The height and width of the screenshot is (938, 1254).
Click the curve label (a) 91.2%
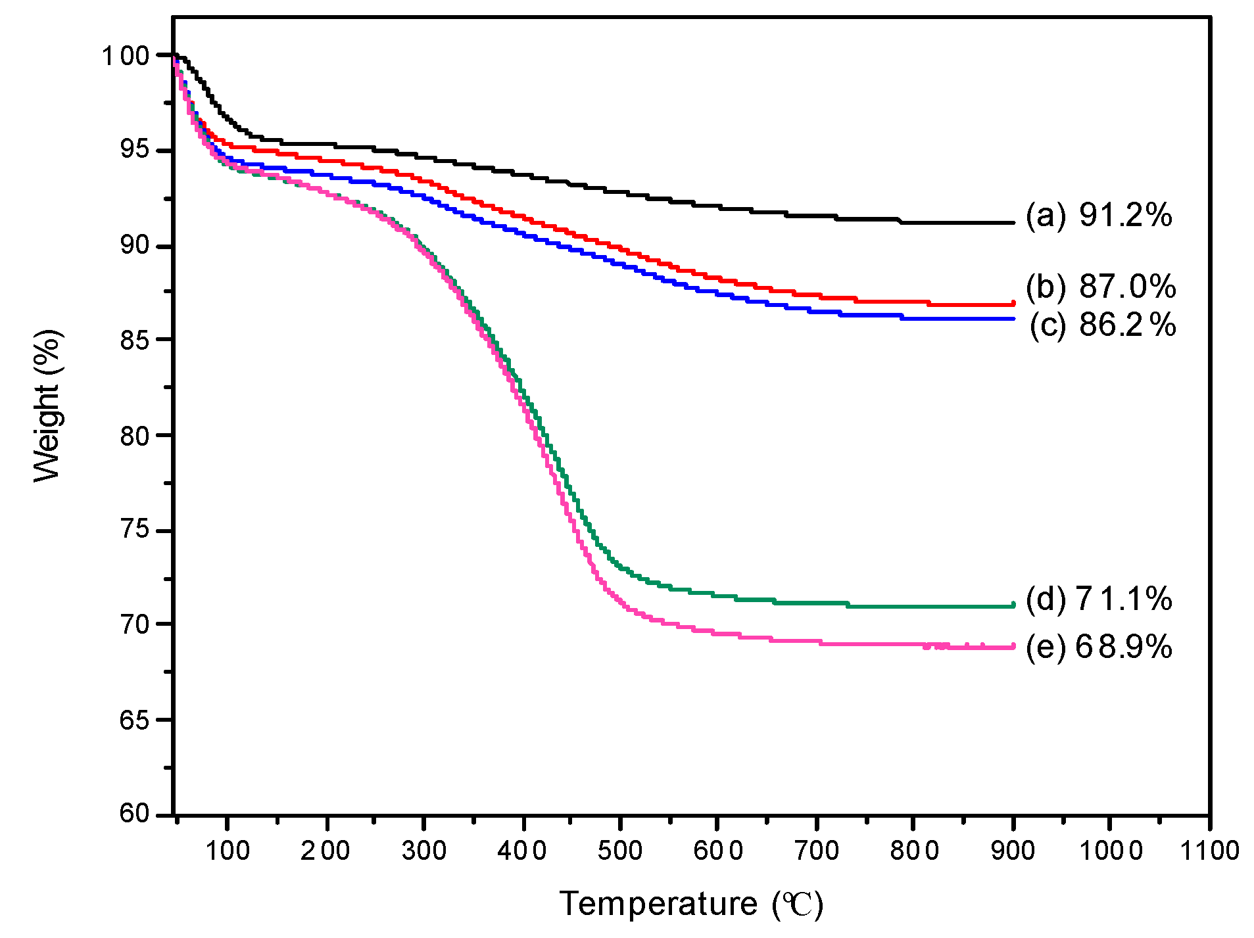1099,216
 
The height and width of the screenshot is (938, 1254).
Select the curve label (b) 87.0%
1101,287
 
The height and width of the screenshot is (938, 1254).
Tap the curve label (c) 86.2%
1102,325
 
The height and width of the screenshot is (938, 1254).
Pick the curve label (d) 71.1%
1099,599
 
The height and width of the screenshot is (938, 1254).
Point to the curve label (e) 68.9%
1099,647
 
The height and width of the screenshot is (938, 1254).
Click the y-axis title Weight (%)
47,406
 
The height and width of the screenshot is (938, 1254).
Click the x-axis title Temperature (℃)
691,904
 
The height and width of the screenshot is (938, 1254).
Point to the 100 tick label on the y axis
126,56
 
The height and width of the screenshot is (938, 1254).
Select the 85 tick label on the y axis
135,340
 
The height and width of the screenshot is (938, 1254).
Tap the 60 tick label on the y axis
135,814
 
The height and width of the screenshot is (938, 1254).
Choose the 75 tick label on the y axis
135,530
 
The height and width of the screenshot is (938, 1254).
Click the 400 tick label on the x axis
522,851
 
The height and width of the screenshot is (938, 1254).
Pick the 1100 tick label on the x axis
1209,851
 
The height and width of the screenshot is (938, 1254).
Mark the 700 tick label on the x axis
816,851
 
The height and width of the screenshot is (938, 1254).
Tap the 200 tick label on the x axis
326,851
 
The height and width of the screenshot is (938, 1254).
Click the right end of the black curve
1013,223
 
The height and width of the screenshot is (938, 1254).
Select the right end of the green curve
1013,605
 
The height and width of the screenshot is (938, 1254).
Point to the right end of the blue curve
1013,319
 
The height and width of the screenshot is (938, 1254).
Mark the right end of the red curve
1013,304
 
